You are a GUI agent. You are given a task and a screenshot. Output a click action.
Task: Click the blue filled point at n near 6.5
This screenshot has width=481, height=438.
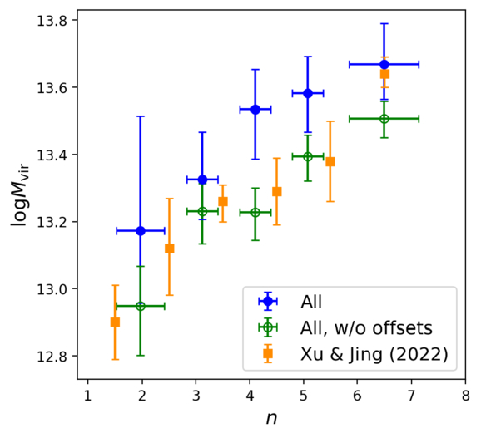[x=384, y=64]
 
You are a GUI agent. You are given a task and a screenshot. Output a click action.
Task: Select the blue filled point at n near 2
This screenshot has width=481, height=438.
[x=141, y=230]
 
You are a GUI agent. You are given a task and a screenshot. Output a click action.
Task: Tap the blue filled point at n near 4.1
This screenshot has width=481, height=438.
[x=255, y=110]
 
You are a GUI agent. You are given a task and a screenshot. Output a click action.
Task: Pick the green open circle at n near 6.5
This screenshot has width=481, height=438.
[x=384, y=119]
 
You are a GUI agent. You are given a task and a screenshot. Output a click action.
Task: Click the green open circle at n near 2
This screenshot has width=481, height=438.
[x=141, y=306]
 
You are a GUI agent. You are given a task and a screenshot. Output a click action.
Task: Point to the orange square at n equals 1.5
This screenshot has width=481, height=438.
[x=115, y=322]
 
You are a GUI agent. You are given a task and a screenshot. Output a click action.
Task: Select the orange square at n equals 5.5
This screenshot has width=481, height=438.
[x=330, y=161]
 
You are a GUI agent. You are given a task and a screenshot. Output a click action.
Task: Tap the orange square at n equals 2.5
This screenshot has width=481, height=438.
[x=169, y=249]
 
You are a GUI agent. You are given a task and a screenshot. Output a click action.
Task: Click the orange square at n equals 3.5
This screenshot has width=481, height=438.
[x=223, y=201]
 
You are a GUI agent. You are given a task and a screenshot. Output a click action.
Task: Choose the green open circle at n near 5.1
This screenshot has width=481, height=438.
[x=308, y=156]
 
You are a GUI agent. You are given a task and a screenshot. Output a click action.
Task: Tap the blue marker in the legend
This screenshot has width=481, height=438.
[x=267, y=301]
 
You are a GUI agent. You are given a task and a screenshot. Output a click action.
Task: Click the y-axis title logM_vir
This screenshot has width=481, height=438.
[x=18, y=195]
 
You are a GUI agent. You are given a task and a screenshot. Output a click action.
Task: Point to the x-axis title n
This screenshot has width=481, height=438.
[x=271, y=419]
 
